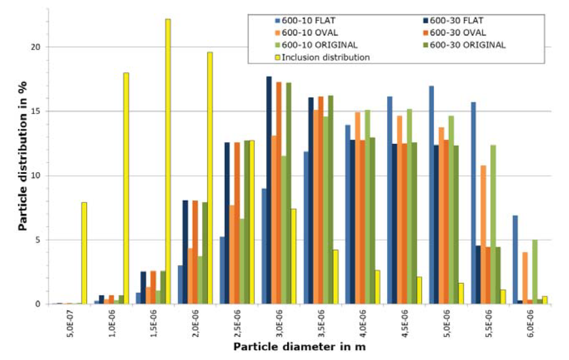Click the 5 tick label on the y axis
(x=36, y=240)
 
